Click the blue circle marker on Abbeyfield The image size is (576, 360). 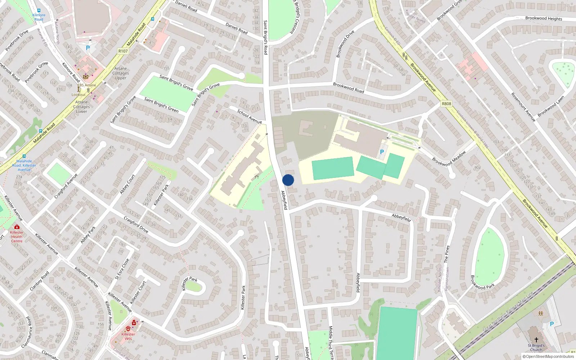pos(288,180)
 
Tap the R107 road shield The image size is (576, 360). pos(123,51)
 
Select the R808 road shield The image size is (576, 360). pos(446,104)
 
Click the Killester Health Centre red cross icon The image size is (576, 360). pos(17,227)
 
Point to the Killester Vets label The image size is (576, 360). pos(128,336)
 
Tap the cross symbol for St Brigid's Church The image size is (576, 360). pos(536,340)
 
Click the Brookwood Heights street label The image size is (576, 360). pos(543,18)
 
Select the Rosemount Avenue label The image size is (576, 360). pos(523,107)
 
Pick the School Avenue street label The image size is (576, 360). pos(249,117)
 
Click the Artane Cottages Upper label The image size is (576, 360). pos(121,73)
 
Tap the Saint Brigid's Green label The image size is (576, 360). pos(161,105)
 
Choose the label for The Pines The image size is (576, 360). pos(447,254)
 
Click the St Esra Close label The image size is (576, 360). pos(122,269)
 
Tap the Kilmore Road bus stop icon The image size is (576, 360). pos(39,11)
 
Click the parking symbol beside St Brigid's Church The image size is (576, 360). pos(552,324)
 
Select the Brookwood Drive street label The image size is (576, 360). pos(345,44)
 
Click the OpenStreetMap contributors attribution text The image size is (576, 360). pos(550,357)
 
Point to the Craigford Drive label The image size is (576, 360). pos(136,225)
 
